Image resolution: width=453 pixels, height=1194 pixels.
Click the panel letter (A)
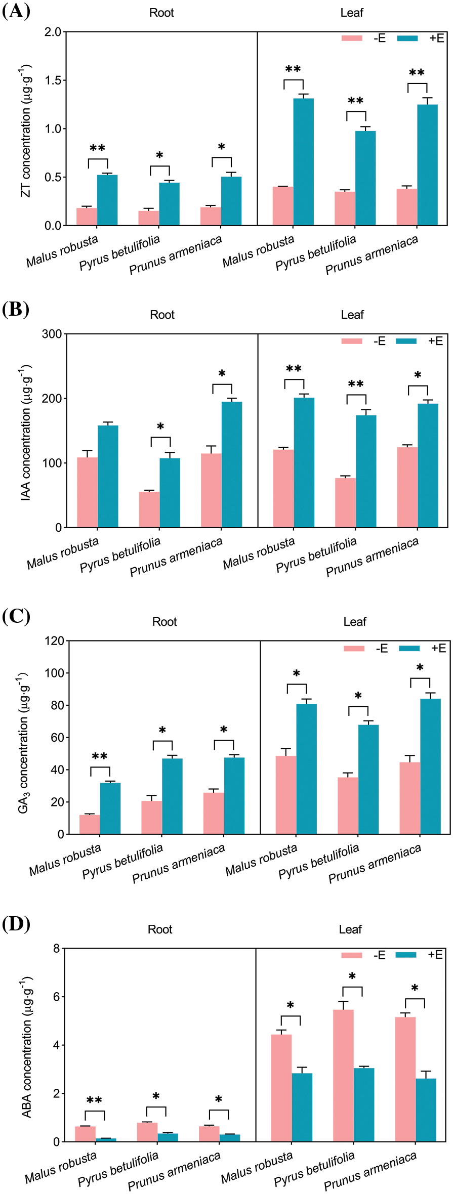tap(16, 11)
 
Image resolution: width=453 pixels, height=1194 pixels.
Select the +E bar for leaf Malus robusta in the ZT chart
tap(304, 162)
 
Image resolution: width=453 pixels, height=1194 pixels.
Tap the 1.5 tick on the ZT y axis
tap(53, 80)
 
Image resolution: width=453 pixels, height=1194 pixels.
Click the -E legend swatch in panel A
tap(352, 38)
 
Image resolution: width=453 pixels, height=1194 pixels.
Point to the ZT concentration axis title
tap(26, 131)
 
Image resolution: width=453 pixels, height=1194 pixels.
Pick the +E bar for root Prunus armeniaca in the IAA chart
tap(232, 464)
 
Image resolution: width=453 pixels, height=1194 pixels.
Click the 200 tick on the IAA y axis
tap(52, 399)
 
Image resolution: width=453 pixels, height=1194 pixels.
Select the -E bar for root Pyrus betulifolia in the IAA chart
tap(149, 509)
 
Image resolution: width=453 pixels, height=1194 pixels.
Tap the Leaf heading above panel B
tap(352, 315)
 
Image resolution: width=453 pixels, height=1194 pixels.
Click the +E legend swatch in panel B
tap(406, 341)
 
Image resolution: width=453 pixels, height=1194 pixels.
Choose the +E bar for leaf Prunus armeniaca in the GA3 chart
tap(430, 766)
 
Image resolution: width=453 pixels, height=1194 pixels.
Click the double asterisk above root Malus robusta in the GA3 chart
tap(100, 757)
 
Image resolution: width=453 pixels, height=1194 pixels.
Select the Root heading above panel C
tap(164, 622)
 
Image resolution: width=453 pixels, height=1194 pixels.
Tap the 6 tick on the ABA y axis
tap(56, 997)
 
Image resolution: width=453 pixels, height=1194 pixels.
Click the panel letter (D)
tap(16, 924)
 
